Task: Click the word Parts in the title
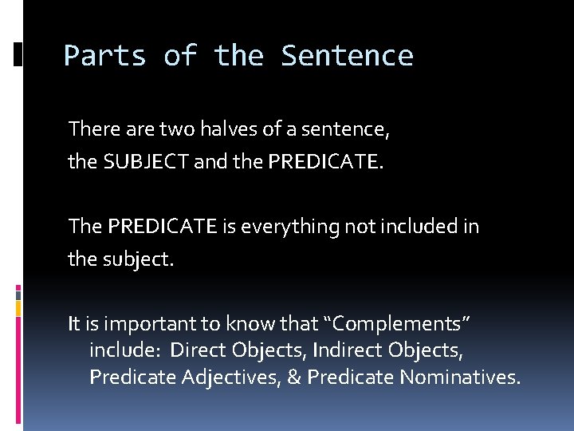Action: click(104, 56)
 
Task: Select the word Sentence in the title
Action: click(347, 56)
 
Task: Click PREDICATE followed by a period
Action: click(324, 163)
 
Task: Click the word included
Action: click(419, 227)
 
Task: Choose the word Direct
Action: click(199, 351)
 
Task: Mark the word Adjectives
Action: click(237, 378)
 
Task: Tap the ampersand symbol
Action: click(293, 378)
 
